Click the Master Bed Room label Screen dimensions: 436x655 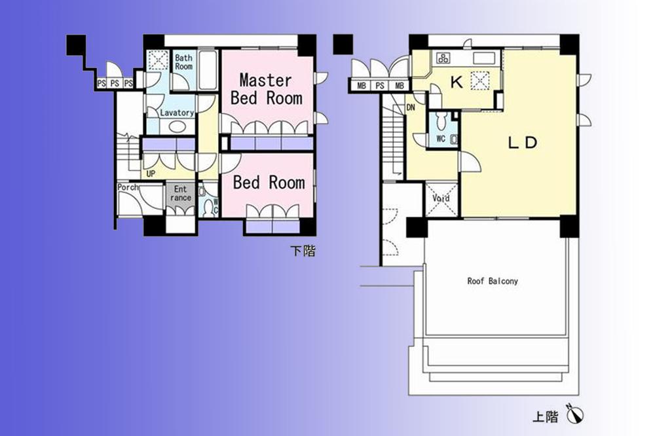[x=266, y=89]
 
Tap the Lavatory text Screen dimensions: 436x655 [x=177, y=113]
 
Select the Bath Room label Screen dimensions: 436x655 [x=183, y=62]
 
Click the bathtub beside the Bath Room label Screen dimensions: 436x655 [x=208, y=71]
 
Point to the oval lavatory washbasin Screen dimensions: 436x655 [x=177, y=126]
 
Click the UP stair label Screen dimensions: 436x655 [x=151, y=174]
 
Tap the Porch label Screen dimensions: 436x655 [x=127, y=188]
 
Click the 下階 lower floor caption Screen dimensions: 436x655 [x=303, y=251]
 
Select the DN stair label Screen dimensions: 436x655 [x=410, y=107]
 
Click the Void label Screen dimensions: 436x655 [x=441, y=198]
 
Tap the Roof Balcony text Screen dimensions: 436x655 [x=492, y=281]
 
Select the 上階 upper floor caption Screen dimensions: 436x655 [x=544, y=416]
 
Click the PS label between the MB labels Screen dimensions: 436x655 [x=380, y=86]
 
